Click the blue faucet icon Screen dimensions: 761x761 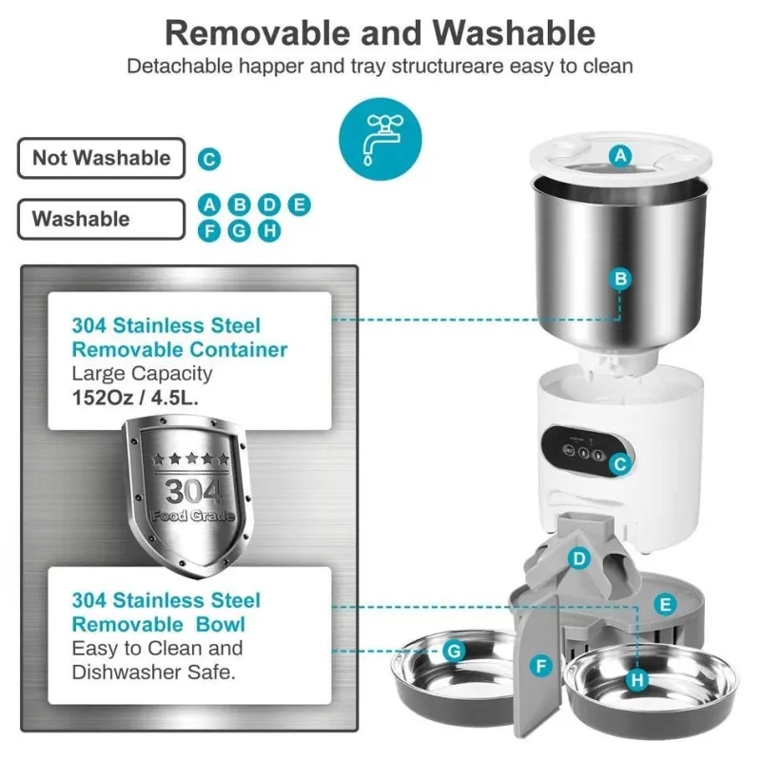click(380, 139)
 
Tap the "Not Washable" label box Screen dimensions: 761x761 click(102, 158)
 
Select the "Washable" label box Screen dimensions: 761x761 click(102, 219)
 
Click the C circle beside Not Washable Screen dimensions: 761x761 click(209, 159)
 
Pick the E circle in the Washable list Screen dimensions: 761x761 click(300, 205)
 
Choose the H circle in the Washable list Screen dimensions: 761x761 click(269, 230)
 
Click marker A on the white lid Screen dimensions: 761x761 click(621, 156)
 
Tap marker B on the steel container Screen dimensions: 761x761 click(621, 279)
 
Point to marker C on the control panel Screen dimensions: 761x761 click(620, 464)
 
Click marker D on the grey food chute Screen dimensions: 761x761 click(579, 559)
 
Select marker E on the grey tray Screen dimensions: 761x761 click(665, 605)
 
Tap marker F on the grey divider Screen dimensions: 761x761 click(541, 665)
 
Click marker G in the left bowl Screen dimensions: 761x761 click(455, 651)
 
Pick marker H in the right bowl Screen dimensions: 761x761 click(637, 680)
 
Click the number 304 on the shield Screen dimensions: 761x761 click(193, 491)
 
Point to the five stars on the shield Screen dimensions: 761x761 click(190, 459)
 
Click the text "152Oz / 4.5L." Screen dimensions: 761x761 click(135, 398)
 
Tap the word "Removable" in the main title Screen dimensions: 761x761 click(258, 33)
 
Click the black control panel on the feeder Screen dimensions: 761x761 click(585, 453)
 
